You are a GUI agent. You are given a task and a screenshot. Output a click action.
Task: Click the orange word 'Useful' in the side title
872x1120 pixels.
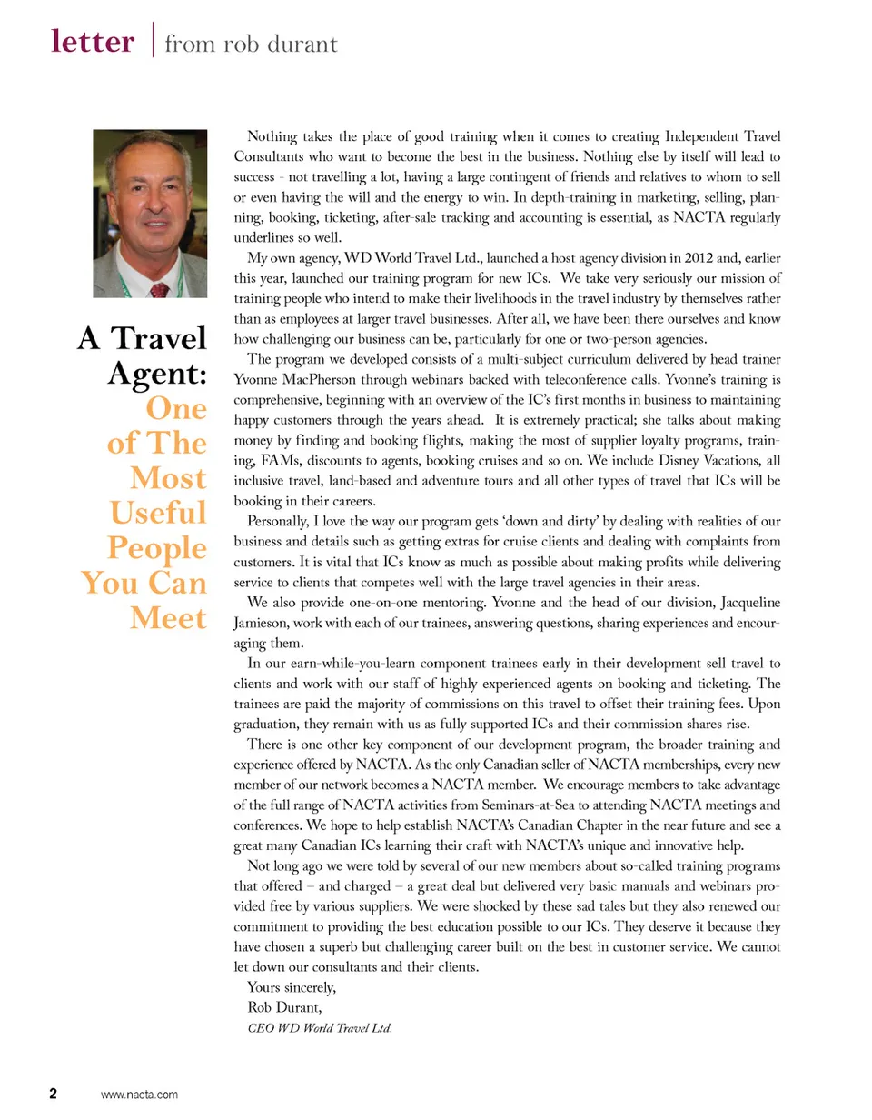point(158,513)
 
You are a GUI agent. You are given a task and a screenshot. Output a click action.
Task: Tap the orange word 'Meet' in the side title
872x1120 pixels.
point(168,618)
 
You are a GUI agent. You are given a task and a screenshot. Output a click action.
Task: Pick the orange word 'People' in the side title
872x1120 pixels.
point(157,548)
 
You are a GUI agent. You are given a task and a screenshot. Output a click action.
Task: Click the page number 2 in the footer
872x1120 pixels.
point(54,1094)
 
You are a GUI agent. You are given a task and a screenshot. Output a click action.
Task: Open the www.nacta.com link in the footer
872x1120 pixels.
point(139,1095)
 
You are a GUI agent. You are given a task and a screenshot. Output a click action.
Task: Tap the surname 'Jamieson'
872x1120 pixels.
point(266,622)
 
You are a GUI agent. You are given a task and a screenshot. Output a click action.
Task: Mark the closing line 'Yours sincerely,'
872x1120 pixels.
point(292,987)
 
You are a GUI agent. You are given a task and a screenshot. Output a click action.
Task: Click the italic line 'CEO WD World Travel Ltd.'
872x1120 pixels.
point(320,1029)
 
